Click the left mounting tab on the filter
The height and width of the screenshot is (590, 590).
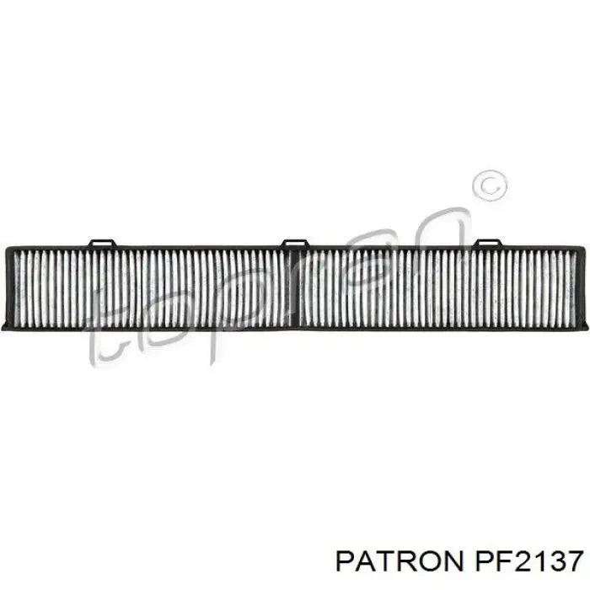coord(101,243)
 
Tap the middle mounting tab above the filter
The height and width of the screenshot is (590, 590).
coord(295,243)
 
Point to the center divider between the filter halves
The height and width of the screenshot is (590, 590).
coord(295,288)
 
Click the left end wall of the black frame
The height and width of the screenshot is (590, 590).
coord(9,288)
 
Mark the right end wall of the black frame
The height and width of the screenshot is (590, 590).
coord(582,288)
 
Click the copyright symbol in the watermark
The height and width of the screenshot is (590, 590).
coord(489,185)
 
